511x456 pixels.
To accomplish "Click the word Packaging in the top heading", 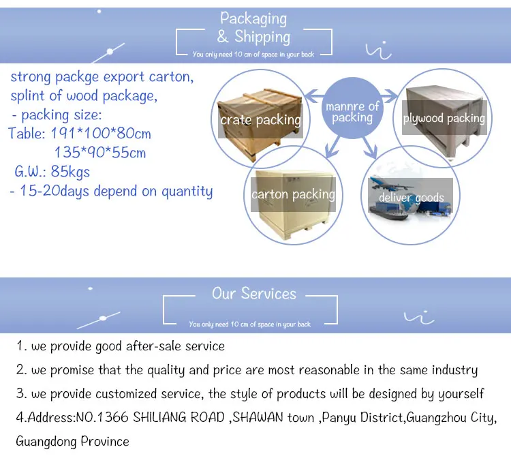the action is pos(253,19).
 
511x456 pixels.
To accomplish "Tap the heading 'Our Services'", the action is pos(254,293).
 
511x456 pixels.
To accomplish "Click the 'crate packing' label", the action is pos(260,120).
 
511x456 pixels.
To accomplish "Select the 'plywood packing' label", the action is pos(444,118).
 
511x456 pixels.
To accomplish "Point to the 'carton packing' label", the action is pos(293,194).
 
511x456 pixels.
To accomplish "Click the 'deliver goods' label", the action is pos(412,198).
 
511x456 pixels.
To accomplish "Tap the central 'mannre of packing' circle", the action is pos(352,108).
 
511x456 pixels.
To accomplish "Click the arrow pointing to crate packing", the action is pos(315,96).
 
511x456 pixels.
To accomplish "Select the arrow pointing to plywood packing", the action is pos(389,96).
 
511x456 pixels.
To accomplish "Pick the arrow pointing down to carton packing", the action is pos(332,147).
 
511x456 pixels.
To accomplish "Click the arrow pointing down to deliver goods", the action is pos(370,148).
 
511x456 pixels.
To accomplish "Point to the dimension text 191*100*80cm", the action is pos(101,134).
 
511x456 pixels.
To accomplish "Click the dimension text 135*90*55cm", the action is pos(100,153).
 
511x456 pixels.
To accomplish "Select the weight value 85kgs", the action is pos(70,172).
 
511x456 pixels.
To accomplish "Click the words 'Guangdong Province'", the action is pos(72,441).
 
